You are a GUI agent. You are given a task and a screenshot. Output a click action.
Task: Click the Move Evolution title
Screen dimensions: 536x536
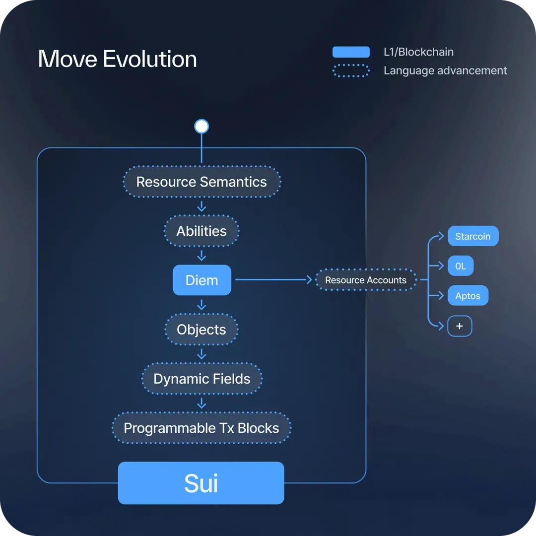(117, 59)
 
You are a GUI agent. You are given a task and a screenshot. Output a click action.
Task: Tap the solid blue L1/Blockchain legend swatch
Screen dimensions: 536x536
(351, 52)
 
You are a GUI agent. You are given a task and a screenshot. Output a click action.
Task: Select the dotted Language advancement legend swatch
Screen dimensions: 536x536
(351, 71)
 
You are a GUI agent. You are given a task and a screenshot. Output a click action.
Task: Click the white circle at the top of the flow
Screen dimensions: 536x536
(201, 126)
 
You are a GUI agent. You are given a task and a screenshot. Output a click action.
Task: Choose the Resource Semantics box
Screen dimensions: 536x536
(201, 182)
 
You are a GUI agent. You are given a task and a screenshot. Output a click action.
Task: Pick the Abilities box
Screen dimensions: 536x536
(201, 231)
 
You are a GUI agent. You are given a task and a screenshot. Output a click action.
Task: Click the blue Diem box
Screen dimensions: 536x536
(201, 280)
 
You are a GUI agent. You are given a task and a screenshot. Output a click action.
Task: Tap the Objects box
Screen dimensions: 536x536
(201, 330)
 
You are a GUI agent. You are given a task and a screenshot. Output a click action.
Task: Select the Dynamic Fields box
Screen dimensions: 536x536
(201, 379)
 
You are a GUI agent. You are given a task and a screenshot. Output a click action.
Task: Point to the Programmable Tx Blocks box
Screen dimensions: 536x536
(201, 428)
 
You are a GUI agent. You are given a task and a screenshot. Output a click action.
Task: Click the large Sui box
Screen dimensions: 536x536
(201, 483)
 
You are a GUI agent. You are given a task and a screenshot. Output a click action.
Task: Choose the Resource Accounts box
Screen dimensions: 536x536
(366, 280)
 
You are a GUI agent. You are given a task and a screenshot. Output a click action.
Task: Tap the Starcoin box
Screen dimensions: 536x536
(473, 236)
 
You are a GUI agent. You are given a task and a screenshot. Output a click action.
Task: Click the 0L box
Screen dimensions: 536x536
(461, 266)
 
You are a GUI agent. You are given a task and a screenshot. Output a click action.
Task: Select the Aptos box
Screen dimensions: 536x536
(468, 295)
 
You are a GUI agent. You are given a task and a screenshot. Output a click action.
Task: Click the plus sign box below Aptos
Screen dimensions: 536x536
(460, 326)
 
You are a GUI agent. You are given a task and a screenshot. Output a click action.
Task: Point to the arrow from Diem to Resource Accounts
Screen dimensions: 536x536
(274, 279)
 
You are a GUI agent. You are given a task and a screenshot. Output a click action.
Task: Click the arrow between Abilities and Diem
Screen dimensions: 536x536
(201, 256)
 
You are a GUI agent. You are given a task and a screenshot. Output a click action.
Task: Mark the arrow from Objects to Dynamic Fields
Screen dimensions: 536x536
(201, 354)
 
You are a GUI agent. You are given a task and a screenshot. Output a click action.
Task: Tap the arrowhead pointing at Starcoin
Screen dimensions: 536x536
(441, 236)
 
